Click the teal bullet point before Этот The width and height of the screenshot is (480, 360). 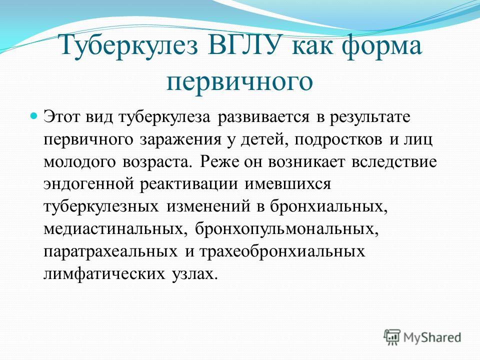(35, 116)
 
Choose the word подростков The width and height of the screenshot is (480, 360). (338, 140)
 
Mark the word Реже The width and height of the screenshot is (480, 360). (219, 162)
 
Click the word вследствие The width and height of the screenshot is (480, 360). (394, 162)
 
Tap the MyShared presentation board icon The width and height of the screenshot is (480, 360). (392, 337)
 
